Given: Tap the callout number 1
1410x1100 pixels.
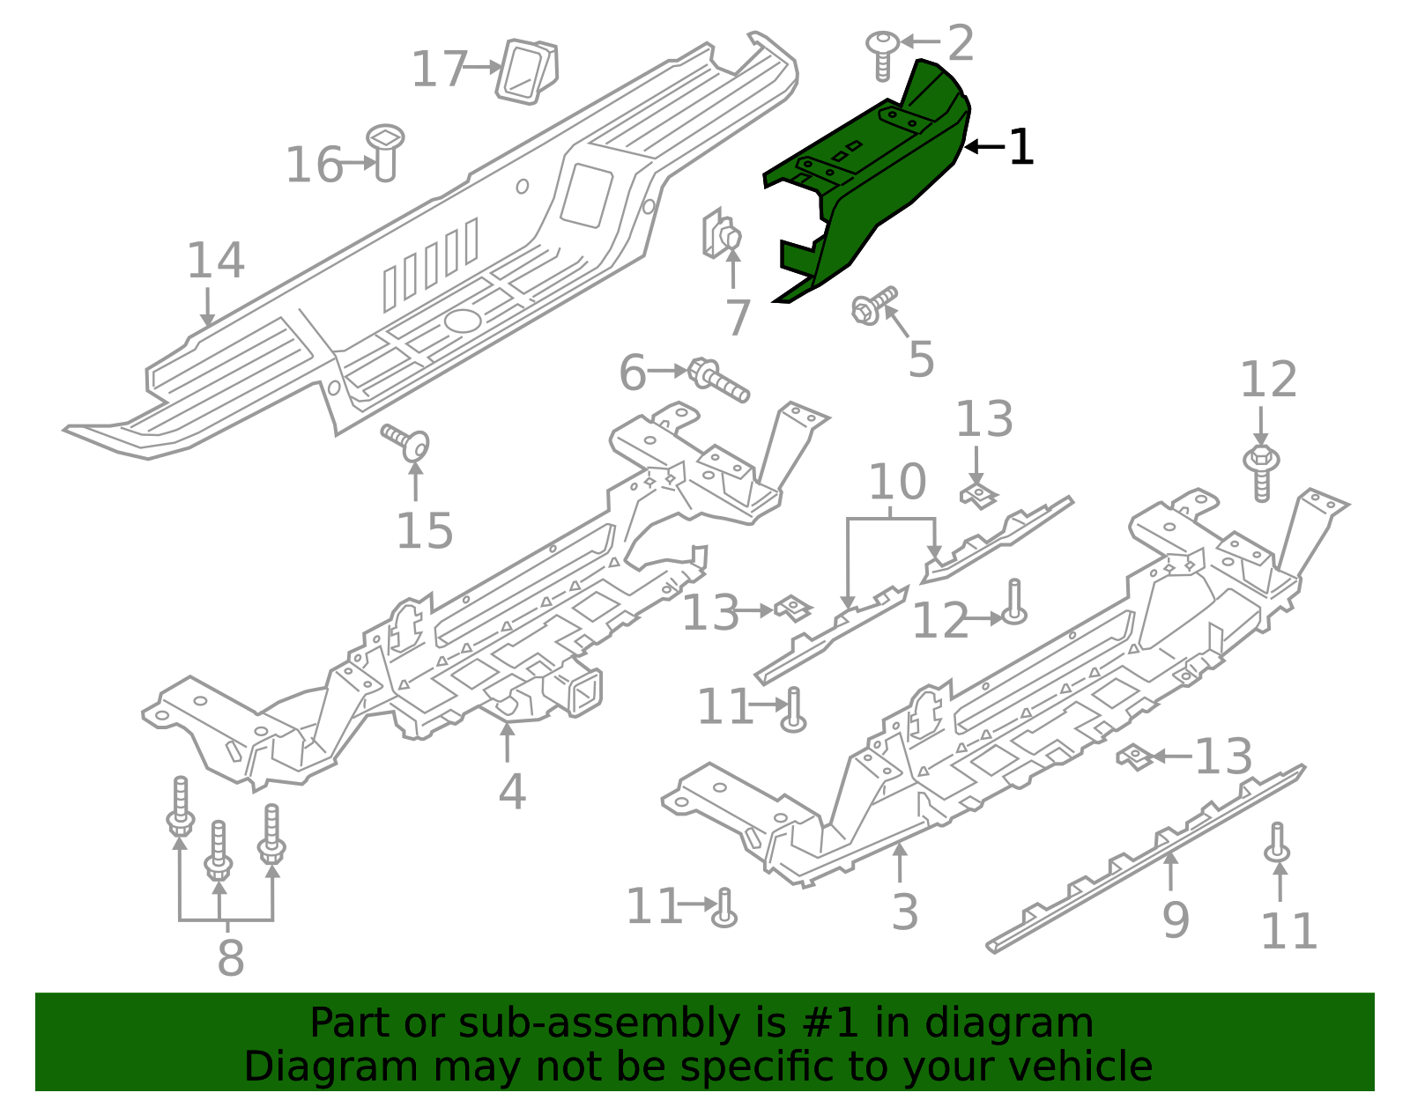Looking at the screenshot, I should coord(1020,148).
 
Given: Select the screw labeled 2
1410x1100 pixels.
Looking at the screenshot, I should coord(883,55).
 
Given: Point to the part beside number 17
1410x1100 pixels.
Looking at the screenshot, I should coord(528,70).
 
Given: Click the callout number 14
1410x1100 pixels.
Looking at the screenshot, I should coord(215,261).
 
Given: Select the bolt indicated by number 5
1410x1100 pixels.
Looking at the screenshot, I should coord(872,306).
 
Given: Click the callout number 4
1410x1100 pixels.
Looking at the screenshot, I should coord(512,792).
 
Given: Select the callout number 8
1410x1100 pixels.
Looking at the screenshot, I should coord(230,957).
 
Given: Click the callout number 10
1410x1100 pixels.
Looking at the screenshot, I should coord(897,482).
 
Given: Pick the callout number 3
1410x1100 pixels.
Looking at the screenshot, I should coord(905,912).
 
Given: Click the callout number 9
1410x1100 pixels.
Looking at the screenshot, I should coord(1176,919).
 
